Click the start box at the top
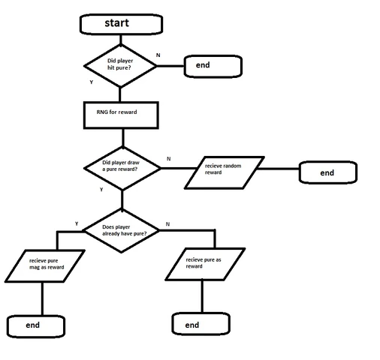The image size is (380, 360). pyautogui.click(x=117, y=23)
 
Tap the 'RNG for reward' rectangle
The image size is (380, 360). pyautogui.click(x=122, y=113)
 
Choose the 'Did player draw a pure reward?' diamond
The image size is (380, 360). pyautogui.click(x=122, y=166)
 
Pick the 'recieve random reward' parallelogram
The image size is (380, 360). pyautogui.click(x=225, y=171)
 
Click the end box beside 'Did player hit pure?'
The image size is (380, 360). pyautogui.click(x=213, y=65)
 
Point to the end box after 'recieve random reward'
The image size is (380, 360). pyautogui.click(x=327, y=172)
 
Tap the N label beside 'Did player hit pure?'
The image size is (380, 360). pyautogui.click(x=157, y=55)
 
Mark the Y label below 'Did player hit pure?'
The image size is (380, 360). pyautogui.click(x=91, y=82)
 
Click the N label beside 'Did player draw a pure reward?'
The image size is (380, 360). pyautogui.click(x=168, y=159)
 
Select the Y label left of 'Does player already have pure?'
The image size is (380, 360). pyautogui.click(x=77, y=223)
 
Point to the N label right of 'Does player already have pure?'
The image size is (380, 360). pyautogui.click(x=167, y=223)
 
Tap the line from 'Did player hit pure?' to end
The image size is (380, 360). pyautogui.click(x=171, y=66)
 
